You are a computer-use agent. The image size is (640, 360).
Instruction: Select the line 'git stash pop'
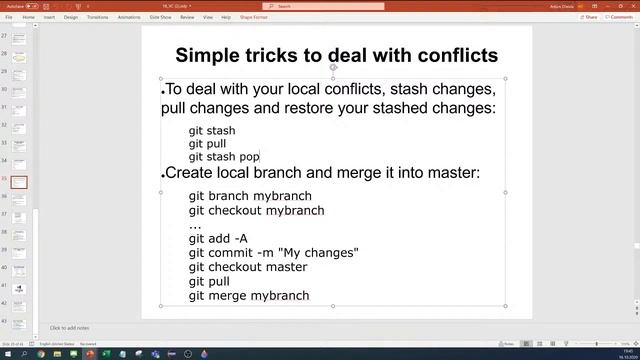click(x=224, y=156)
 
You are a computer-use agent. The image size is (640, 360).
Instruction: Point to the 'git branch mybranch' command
click(x=250, y=196)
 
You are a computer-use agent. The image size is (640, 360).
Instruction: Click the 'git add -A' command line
click(x=218, y=239)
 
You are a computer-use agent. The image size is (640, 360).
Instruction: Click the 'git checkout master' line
click(x=248, y=267)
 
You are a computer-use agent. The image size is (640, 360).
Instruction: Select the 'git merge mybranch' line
click(x=249, y=295)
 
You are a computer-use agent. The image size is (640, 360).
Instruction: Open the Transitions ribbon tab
click(x=97, y=17)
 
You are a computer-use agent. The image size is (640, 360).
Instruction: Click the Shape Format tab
click(x=253, y=17)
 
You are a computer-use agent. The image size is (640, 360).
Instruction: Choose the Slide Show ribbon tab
click(x=160, y=17)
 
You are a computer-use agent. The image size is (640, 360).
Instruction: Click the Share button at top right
click(x=590, y=17)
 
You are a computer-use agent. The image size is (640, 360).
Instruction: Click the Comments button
click(x=620, y=17)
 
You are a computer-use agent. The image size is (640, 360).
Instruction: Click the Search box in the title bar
click(x=320, y=6)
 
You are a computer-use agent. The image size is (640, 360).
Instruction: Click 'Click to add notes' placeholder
click(x=70, y=328)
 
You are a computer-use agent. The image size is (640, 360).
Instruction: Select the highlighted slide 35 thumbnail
click(x=20, y=183)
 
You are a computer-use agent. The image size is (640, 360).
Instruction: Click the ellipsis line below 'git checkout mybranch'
click(x=195, y=225)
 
